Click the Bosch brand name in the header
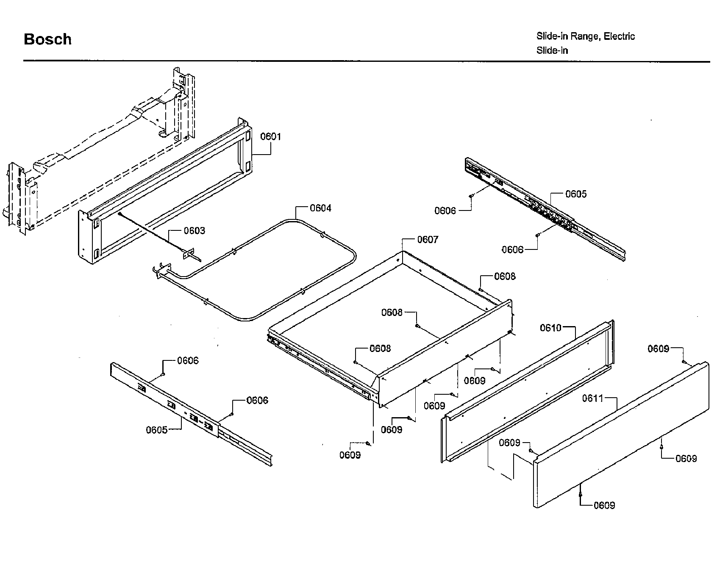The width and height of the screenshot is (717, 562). click(x=47, y=39)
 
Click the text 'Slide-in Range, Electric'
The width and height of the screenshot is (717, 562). click(x=585, y=36)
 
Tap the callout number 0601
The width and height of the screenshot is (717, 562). click(x=270, y=136)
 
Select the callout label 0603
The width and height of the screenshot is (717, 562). click(x=194, y=230)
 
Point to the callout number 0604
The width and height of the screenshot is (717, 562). click(x=320, y=208)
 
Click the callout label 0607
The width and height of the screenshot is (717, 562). click(x=428, y=240)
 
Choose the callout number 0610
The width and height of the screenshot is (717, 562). click(x=550, y=328)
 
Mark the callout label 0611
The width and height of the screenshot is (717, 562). click(x=592, y=398)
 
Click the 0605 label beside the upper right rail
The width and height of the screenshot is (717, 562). click(x=576, y=194)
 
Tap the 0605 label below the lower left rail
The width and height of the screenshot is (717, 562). click(x=157, y=430)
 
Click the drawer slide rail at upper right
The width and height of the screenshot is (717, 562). click(x=547, y=208)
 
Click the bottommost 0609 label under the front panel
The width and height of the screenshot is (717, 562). click(x=604, y=505)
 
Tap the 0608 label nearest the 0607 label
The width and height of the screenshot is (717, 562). click(x=505, y=277)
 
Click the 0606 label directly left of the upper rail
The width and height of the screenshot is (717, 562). click(x=445, y=210)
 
